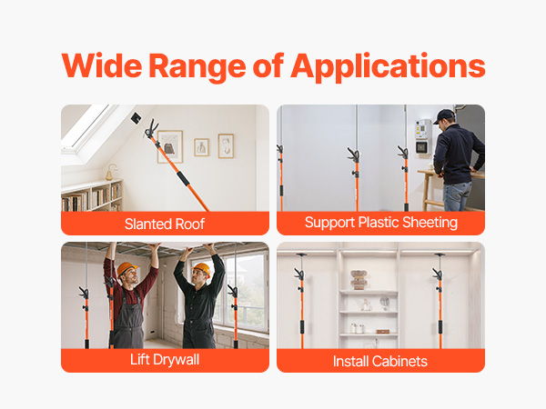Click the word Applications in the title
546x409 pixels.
coord(388,66)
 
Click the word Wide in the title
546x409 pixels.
coord(102,65)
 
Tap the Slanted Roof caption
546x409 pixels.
coord(165,224)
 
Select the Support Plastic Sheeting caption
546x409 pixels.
coord(381,223)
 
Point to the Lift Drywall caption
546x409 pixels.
coord(165,360)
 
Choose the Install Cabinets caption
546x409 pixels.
coord(379,362)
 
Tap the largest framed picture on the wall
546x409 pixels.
coord(170,146)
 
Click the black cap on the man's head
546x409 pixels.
coord(444,115)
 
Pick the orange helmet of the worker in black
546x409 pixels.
coord(202,269)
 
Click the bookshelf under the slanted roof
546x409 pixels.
coord(91,195)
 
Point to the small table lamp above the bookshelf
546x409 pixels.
coord(111,172)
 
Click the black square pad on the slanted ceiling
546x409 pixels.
coord(136,118)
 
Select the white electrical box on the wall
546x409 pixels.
coord(423,136)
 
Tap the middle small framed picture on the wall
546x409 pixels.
coord(202,147)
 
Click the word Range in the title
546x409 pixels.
coord(197,67)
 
